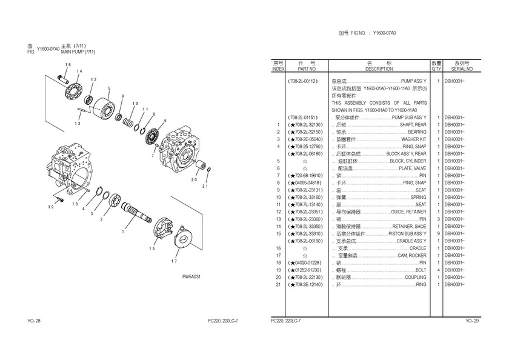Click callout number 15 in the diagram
67,65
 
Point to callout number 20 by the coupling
194,179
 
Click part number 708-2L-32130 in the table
305,124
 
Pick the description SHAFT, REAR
413,124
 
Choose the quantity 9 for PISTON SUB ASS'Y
437,233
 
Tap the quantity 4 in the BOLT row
437,270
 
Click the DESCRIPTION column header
379,70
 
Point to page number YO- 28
34,321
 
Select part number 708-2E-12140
306,284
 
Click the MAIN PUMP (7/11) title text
78,52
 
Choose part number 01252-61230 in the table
306,270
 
